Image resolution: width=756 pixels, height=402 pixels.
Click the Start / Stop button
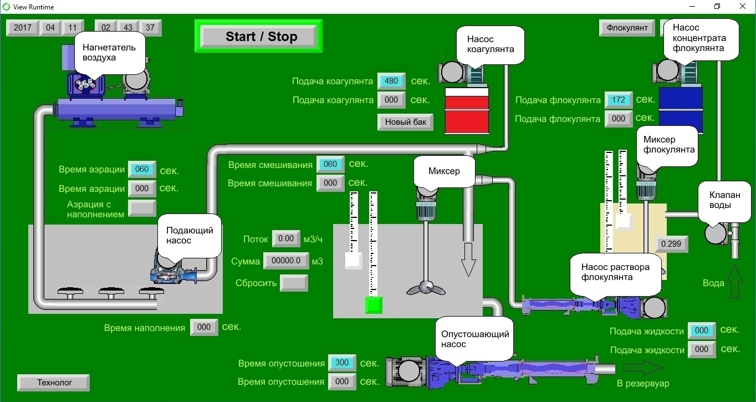[258, 37]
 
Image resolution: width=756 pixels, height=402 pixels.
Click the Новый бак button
[405, 122]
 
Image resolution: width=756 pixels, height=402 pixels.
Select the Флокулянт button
[626, 28]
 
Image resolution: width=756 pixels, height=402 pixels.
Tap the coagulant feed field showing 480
[391, 81]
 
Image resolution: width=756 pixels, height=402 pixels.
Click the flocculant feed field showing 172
[619, 100]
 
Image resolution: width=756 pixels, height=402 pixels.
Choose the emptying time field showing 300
[342, 363]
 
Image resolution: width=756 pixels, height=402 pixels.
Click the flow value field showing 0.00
[286, 239]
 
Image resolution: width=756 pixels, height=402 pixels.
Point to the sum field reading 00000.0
[286, 261]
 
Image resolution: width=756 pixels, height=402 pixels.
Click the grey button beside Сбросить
[294, 283]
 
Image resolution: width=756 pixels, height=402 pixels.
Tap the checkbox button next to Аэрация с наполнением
[142, 208]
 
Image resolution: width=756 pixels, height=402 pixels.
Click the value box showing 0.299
[671, 244]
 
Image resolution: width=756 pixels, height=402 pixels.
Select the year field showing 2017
[22, 28]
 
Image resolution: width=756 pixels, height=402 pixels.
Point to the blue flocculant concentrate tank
[681, 109]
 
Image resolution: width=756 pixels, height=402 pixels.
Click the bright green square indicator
[374, 305]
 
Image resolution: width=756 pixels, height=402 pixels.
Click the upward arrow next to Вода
[735, 282]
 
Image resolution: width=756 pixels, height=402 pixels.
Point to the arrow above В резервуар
[643, 368]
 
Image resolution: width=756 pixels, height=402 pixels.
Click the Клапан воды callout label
[720, 200]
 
